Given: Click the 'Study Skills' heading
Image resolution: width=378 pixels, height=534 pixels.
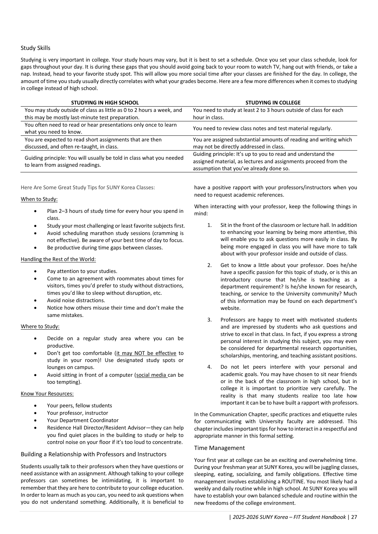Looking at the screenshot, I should click(x=36, y=48).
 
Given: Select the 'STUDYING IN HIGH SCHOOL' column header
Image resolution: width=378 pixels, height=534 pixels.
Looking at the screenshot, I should click(x=105, y=103).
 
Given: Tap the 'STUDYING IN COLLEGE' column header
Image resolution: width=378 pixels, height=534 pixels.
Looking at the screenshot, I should click(x=273, y=103).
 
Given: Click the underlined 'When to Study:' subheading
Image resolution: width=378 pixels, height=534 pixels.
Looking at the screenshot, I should click(x=39, y=199).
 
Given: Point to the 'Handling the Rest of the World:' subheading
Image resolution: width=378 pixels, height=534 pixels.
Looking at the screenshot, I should click(x=58, y=259).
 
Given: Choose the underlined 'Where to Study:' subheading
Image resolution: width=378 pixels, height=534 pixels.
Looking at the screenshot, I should click(x=40, y=326).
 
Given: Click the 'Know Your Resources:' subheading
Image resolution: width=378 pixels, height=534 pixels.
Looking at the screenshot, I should click(x=47, y=394).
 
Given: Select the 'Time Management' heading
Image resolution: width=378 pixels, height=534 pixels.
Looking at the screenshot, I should click(x=219, y=448).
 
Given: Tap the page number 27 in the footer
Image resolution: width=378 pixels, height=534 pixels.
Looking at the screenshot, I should click(x=354, y=517).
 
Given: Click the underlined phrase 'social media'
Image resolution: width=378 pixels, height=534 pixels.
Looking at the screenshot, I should click(x=151, y=375).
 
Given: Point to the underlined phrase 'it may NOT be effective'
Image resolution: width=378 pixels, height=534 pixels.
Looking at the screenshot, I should click(x=146, y=353).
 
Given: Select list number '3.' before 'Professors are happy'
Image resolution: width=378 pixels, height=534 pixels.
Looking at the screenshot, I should click(x=210, y=320).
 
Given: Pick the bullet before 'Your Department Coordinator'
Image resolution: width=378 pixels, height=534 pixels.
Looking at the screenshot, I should click(x=36, y=420).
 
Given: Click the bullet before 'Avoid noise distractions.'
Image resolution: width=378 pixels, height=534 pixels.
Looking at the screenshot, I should click(x=36, y=300).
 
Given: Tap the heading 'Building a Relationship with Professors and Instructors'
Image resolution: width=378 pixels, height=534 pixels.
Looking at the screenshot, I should click(x=94, y=454).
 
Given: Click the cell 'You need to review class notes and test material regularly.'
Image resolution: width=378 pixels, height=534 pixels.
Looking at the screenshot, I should click(x=262, y=128).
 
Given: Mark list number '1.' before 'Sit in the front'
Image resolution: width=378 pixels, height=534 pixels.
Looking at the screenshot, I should click(x=210, y=225).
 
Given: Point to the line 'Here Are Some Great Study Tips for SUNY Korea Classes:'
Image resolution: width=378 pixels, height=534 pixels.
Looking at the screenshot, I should click(x=88, y=187).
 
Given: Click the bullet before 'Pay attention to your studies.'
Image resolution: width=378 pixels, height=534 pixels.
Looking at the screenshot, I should click(x=36, y=271).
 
